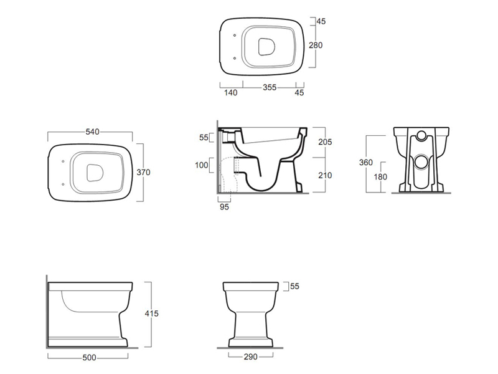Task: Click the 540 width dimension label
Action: (x=92, y=132)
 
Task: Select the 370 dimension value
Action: (x=143, y=173)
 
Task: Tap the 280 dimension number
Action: (x=316, y=46)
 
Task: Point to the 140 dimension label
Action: (x=230, y=92)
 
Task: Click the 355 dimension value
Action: (x=270, y=87)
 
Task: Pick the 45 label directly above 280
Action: (x=321, y=21)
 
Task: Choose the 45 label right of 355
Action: (x=299, y=92)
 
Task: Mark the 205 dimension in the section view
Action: (x=325, y=142)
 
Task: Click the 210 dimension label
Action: (x=325, y=175)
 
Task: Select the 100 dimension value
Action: (x=201, y=165)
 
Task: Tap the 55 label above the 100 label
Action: (x=204, y=137)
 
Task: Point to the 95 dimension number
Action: (x=224, y=207)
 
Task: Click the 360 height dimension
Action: (x=366, y=163)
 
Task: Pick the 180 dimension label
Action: (x=380, y=177)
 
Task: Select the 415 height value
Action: (x=151, y=314)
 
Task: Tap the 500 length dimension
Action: (x=89, y=358)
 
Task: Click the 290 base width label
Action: (x=251, y=357)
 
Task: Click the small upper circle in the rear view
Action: (x=421, y=136)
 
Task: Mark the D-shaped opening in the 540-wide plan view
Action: (x=95, y=173)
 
